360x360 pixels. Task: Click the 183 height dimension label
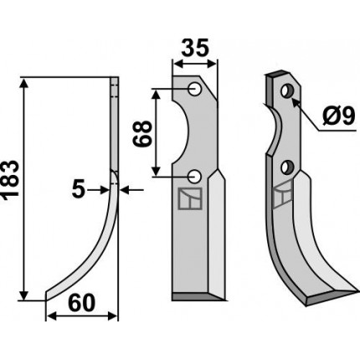[x=10, y=180]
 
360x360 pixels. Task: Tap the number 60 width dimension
[x=82, y=303]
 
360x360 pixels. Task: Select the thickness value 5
[x=78, y=190]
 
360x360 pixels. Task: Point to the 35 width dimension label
[x=195, y=48]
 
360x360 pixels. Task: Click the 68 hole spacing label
[x=142, y=133]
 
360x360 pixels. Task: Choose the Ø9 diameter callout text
[x=338, y=116]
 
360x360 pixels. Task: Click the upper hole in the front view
[x=194, y=90]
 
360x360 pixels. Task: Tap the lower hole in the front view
[x=194, y=177]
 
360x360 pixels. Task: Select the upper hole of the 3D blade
[x=287, y=91]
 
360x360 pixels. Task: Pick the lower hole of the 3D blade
[x=287, y=167]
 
